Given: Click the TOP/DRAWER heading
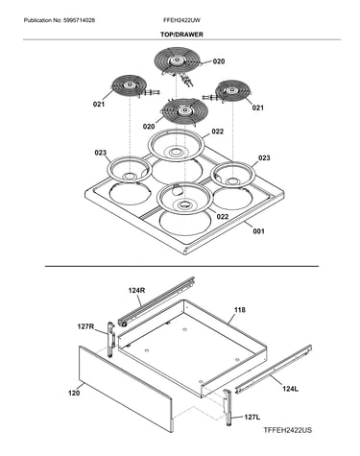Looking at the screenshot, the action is click(x=181, y=35).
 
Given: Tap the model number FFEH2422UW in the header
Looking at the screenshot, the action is click(x=181, y=20).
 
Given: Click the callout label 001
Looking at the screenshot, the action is click(x=258, y=231).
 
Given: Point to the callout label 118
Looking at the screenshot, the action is click(x=240, y=310).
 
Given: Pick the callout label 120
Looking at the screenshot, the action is click(x=74, y=393).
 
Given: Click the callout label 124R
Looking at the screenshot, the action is click(x=136, y=290).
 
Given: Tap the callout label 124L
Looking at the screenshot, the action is click(x=290, y=389).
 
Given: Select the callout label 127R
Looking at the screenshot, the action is click(x=85, y=326).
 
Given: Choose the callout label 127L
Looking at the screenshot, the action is click(x=252, y=418).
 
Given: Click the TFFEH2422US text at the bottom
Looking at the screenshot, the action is click(x=287, y=430).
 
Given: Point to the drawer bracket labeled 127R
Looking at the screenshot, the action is click(x=111, y=340).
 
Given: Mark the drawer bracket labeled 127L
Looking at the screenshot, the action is click(x=228, y=408).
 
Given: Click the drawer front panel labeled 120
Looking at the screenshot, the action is click(x=125, y=389).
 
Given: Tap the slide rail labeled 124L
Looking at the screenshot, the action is click(x=274, y=369).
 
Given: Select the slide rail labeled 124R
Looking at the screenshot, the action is click(x=156, y=301).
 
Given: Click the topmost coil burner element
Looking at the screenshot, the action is click(x=177, y=60).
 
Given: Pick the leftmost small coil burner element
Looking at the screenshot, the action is click(x=130, y=85).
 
